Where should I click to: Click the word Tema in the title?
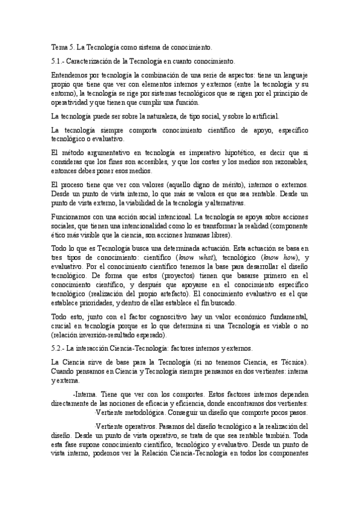tap(59, 46)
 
